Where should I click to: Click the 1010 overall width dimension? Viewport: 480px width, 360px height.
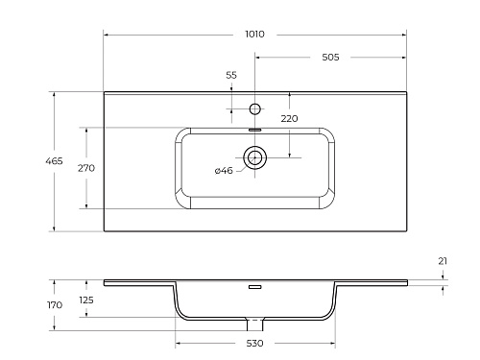point(254,34)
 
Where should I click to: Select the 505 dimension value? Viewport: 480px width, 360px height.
point(330,58)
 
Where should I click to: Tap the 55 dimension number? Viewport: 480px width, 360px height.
point(231,75)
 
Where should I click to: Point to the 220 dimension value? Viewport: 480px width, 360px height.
point(289,119)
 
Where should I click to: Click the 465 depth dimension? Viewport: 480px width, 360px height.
point(54,161)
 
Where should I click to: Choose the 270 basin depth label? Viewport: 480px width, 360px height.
point(86,168)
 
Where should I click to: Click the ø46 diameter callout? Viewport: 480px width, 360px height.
point(224,171)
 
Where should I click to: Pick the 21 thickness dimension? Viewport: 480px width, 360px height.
point(443,261)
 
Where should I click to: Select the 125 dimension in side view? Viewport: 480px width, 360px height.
point(86,300)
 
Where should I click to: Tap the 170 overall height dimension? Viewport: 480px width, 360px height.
point(55,305)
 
